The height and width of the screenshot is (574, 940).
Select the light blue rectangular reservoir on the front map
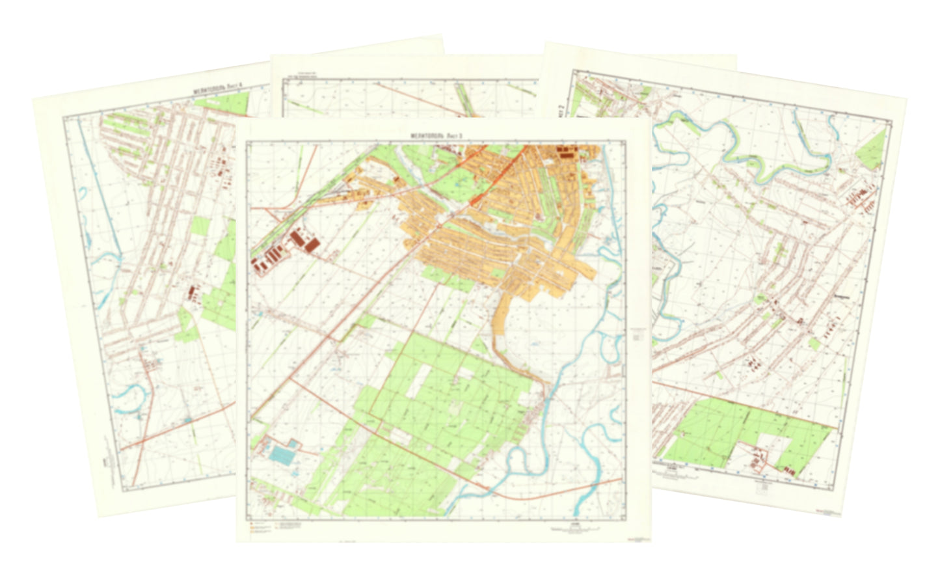[x=284, y=454]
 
